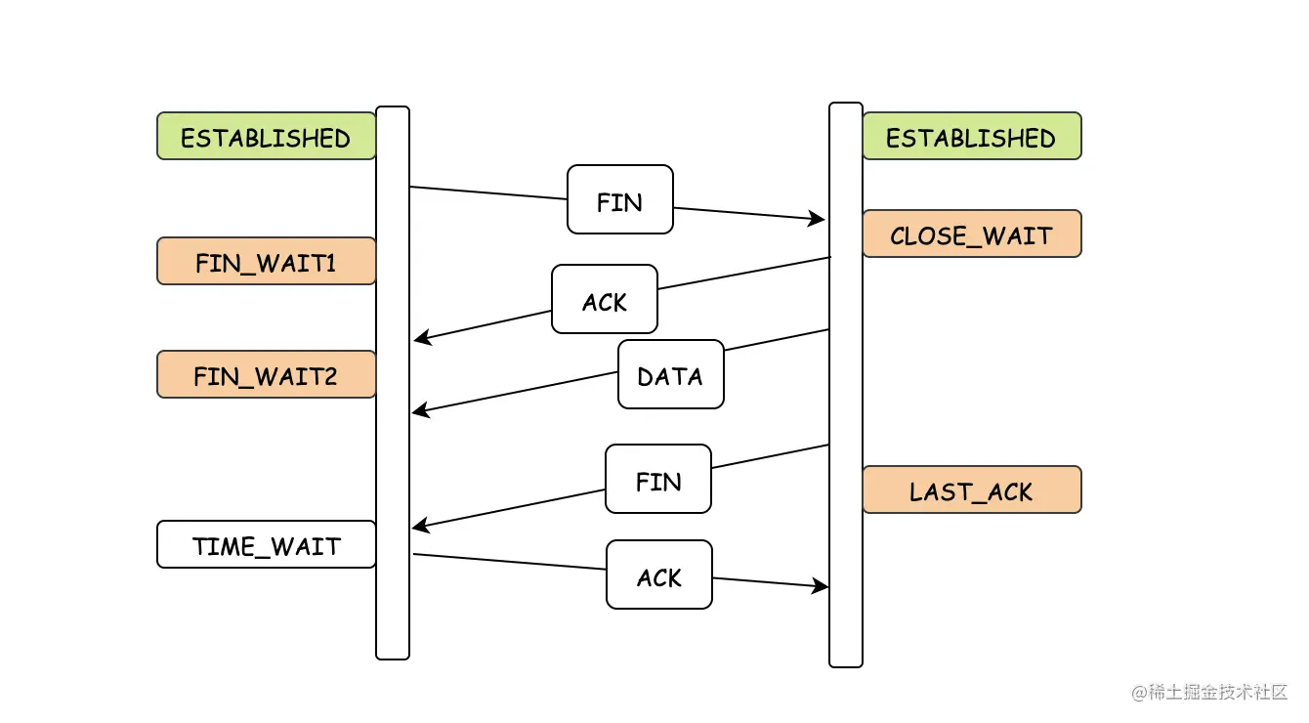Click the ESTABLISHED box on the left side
(x=266, y=136)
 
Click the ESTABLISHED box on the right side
(x=972, y=136)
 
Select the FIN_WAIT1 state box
(x=266, y=261)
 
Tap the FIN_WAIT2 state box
(x=266, y=374)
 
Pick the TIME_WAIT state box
(x=266, y=545)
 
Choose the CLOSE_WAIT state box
(x=972, y=234)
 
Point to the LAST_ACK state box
(x=972, y=489)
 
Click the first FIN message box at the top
(x=620, y=200)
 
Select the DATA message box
(x=671, y=374)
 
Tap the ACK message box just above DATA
(x=605, y=299)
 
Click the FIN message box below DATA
(x=658, y=480)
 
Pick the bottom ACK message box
(x=659, y=575)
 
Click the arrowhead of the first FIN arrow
(x=817, y=219)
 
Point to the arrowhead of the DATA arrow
(x=421, y=410)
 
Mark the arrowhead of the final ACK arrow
(x=820, y=585)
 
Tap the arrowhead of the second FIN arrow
(x=421, y=526)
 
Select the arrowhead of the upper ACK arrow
(x=423, y=337)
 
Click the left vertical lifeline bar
(x=393, y=383)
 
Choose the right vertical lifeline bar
(x=846, y=385)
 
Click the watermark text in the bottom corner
(x=1209, y=693)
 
